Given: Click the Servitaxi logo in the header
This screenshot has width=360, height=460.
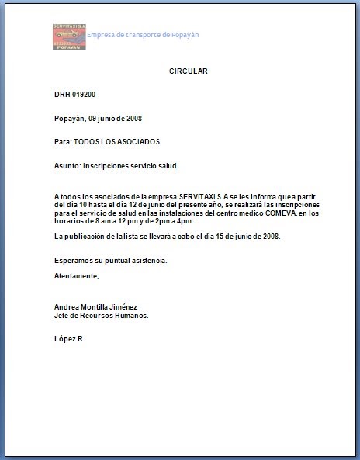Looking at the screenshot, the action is (x=68, y=36).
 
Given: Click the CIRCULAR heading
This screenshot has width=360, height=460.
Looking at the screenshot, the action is (x=189, y=71).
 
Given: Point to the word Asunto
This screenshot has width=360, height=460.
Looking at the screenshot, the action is (x=67, y=166).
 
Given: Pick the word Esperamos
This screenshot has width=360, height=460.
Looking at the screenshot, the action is (x=73, y=260).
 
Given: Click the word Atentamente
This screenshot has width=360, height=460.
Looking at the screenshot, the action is (x=77, y=275).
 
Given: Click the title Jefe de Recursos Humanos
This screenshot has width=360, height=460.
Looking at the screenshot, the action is (x=101, y=316).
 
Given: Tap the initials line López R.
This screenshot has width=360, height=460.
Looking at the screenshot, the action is (x=70, y=340).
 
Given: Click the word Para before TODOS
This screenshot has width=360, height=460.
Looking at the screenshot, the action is (x=62, y=142).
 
